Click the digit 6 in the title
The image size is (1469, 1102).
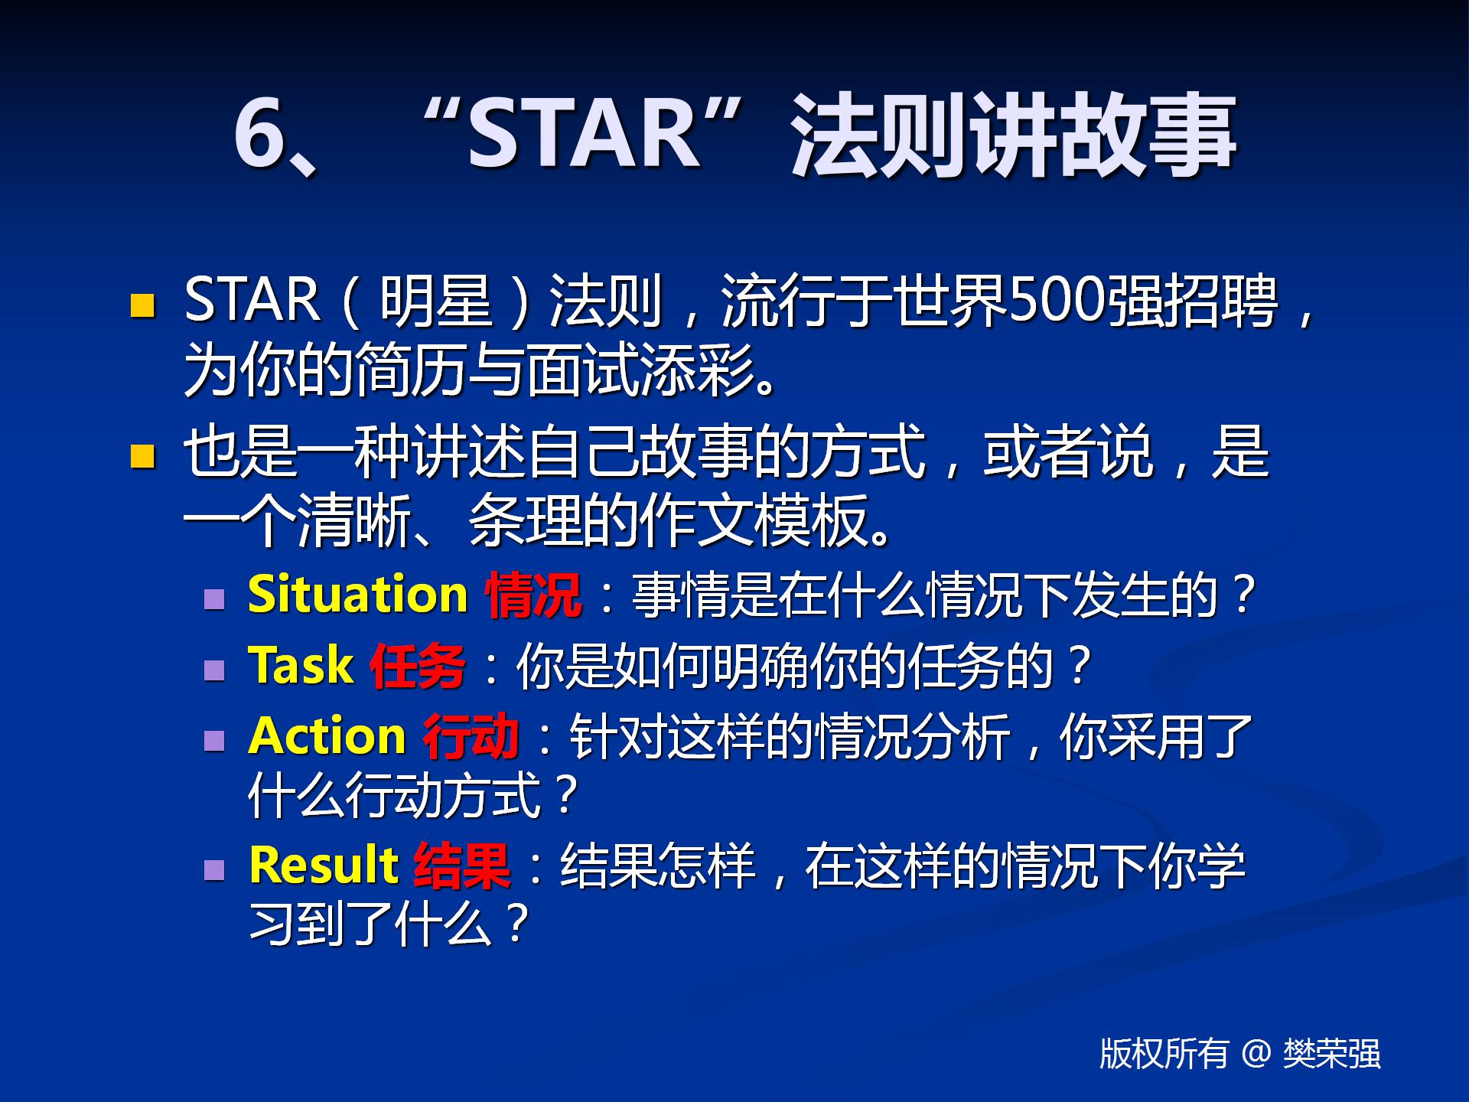259,133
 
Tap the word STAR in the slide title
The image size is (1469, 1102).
584,133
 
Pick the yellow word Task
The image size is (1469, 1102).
301,664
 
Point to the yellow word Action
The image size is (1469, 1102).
327,735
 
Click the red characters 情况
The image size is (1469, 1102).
533,595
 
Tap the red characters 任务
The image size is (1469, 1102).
418,665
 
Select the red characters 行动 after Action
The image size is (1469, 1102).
471,736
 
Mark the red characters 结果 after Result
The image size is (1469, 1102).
462,866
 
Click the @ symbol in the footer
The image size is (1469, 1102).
1256,1054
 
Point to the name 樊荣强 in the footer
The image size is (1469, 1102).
1332,1054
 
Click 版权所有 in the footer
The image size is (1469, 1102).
1164,1054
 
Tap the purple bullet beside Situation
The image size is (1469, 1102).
215,598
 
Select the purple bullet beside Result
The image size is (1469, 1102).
215,869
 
